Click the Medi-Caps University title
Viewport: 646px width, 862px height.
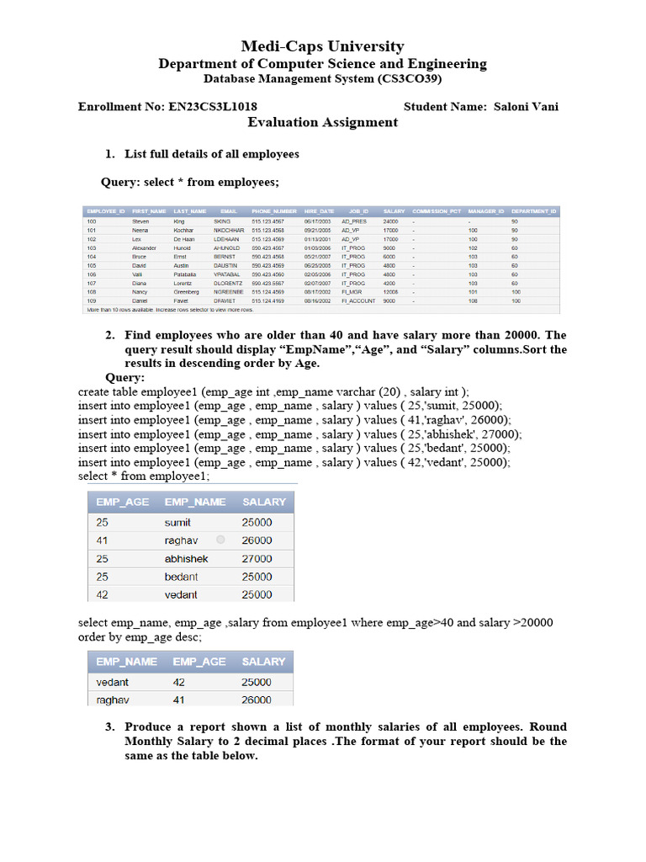pos(322,46)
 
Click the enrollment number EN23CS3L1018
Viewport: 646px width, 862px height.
pos(212,106)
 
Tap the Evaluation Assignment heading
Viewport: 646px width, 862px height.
pos(322,123)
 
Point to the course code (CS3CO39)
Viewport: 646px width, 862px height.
pos(405,79)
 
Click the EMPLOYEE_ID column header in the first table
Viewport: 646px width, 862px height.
pos(105,210)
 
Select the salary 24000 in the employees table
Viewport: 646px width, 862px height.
pos(390,221)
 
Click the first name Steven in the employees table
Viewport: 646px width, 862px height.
pos(140,221)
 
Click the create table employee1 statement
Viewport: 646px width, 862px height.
pos(273,391)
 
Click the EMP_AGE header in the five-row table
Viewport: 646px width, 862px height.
pos(123,502)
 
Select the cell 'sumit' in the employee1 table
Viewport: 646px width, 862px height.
pos(177,523)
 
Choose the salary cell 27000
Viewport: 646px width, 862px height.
pos(257,559)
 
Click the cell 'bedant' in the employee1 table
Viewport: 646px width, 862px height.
pos(181,577)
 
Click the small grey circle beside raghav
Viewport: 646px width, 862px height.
pos(220,540)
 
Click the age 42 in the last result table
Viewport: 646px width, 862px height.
pos(179,683)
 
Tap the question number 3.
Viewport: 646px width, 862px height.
pos(109,727)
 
